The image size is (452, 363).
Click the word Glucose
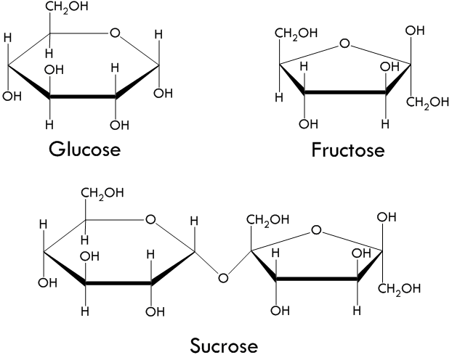84,150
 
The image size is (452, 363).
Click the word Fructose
348,150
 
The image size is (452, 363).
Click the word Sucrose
224,346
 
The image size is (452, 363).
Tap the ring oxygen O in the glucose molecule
115,33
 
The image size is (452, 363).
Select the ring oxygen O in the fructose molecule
344,44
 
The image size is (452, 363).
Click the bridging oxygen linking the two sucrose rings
223,278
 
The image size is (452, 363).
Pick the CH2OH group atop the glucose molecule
67,7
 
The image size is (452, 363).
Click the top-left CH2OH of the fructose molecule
296,33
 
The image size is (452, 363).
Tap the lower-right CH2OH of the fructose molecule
428,102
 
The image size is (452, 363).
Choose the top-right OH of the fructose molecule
415,30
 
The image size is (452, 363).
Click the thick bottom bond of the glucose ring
82,97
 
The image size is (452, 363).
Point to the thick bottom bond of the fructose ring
345,92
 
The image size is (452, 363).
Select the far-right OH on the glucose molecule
164,94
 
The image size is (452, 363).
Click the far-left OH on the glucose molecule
12,97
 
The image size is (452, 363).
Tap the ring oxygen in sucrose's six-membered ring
150,220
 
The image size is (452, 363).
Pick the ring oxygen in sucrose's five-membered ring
316,230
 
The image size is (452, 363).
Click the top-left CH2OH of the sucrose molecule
102,193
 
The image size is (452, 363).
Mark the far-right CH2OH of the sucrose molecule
399,289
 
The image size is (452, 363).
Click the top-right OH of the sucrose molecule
387,217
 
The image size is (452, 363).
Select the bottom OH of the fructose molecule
308,124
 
